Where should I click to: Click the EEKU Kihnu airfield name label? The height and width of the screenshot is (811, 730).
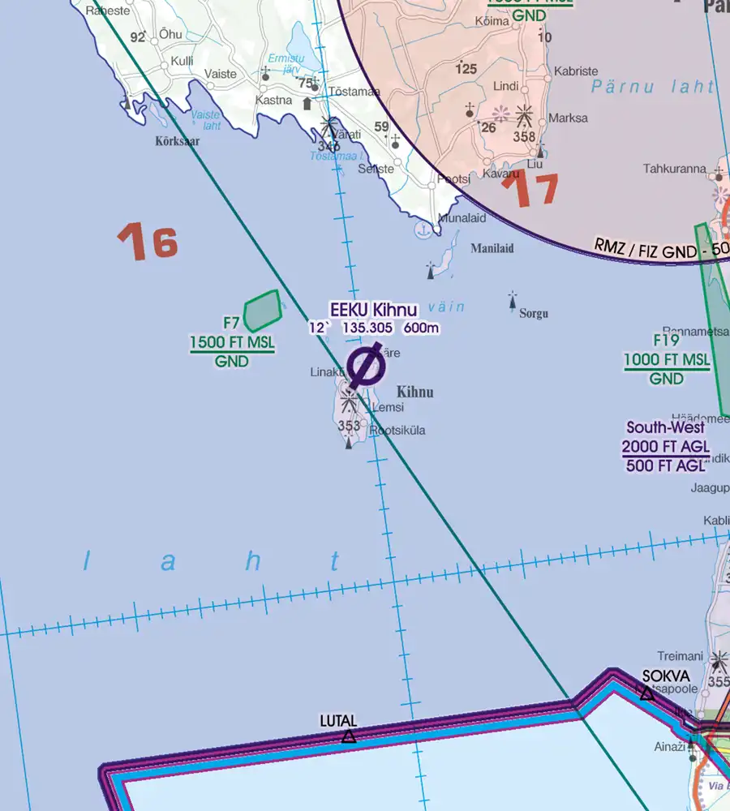[373, 310]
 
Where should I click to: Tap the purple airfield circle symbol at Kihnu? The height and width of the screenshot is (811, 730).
[366, 366]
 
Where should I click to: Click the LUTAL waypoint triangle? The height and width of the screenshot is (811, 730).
[349, 736]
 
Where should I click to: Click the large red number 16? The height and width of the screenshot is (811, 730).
[148, 242]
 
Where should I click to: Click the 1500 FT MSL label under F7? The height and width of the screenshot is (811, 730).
[232, 343]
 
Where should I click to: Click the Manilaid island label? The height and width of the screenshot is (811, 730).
[492, 248]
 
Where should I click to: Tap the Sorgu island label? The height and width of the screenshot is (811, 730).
[534, 313]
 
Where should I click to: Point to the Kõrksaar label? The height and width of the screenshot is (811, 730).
[177, 140]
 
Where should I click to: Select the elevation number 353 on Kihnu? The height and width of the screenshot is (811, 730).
[349, 426]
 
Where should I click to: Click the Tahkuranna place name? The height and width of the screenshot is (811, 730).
[674, 169]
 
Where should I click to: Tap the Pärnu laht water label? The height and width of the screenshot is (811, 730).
[653, 87]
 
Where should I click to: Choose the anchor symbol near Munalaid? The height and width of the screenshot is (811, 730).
[422, 230]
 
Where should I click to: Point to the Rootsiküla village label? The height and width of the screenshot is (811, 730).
[397, 431]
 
